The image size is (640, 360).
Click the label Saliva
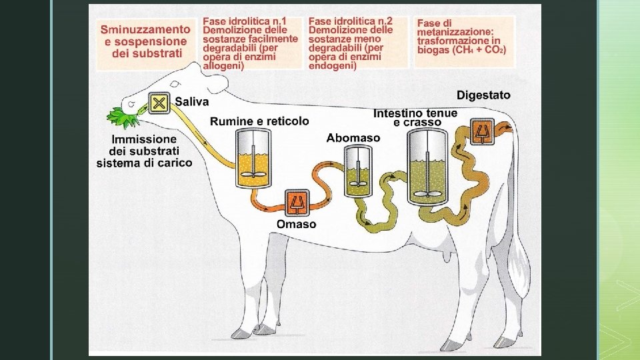tap(192, 102)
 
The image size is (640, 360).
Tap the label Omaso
tap(297, 224)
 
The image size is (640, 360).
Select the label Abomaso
tap(353, 138)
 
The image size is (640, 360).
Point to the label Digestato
tap(483, 95)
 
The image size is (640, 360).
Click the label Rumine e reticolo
tap(259, 121)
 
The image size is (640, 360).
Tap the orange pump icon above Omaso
tap(297, 202)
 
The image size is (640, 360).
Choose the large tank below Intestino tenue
tap(427, 165)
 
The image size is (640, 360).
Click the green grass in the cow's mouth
tap(124, 118)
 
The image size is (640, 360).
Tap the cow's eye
tap(175, 85)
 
